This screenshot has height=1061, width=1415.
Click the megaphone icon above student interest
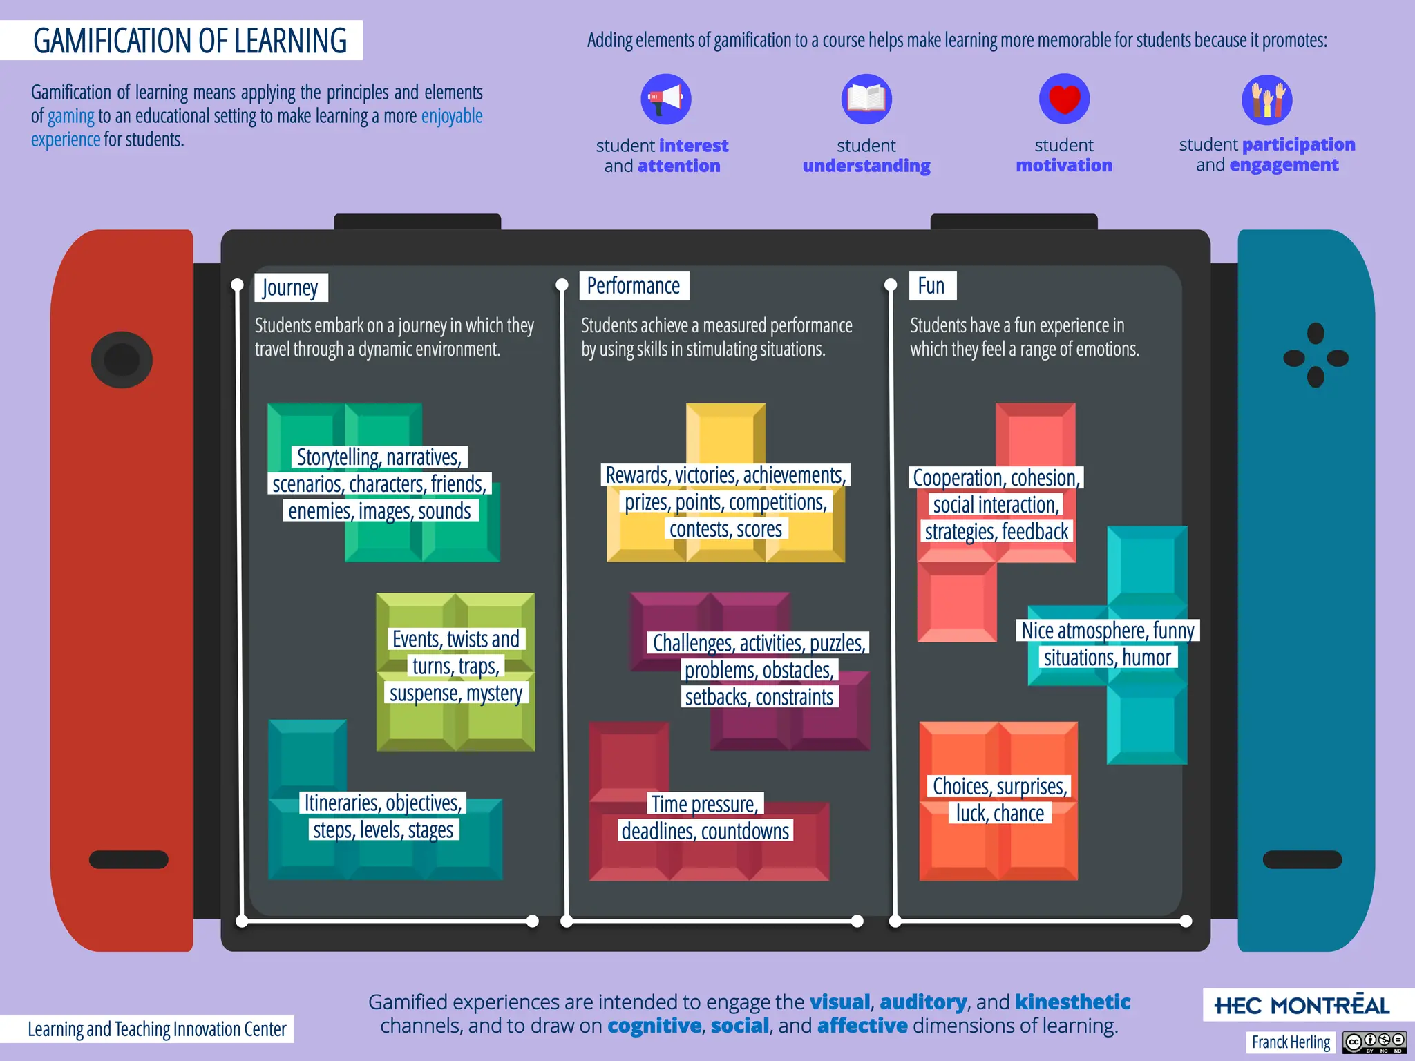pos(665,99)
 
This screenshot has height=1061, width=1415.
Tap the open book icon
pos(866,99)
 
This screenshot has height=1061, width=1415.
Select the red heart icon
pos(1064,99)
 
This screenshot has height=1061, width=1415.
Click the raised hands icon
pos(1266,99)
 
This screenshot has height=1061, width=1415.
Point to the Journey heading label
pos(291,287)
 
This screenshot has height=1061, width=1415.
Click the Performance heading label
pos(633,286)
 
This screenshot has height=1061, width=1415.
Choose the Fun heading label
pos(931,286)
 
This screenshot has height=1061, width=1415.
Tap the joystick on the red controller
pos(122,360)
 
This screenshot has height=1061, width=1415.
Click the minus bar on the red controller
pos(129,859)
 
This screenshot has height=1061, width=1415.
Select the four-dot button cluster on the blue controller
pos(1316,356)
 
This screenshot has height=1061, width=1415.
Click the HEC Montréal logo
pos(1302,1006)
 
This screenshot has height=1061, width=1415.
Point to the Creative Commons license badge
pos(1374,1042)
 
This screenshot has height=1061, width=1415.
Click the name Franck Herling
pos(1291,1042)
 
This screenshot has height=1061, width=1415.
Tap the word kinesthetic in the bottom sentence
pos(1072,1002)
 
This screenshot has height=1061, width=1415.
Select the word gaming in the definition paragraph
pos(70,116)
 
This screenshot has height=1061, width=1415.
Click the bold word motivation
pos(1064,166)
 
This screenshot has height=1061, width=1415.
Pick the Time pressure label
pos(705,804)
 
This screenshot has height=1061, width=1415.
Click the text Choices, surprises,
pos(1000,786)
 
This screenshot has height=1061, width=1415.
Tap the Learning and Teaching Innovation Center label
pos(157,1029)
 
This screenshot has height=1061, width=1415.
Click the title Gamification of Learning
pos(190,41)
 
